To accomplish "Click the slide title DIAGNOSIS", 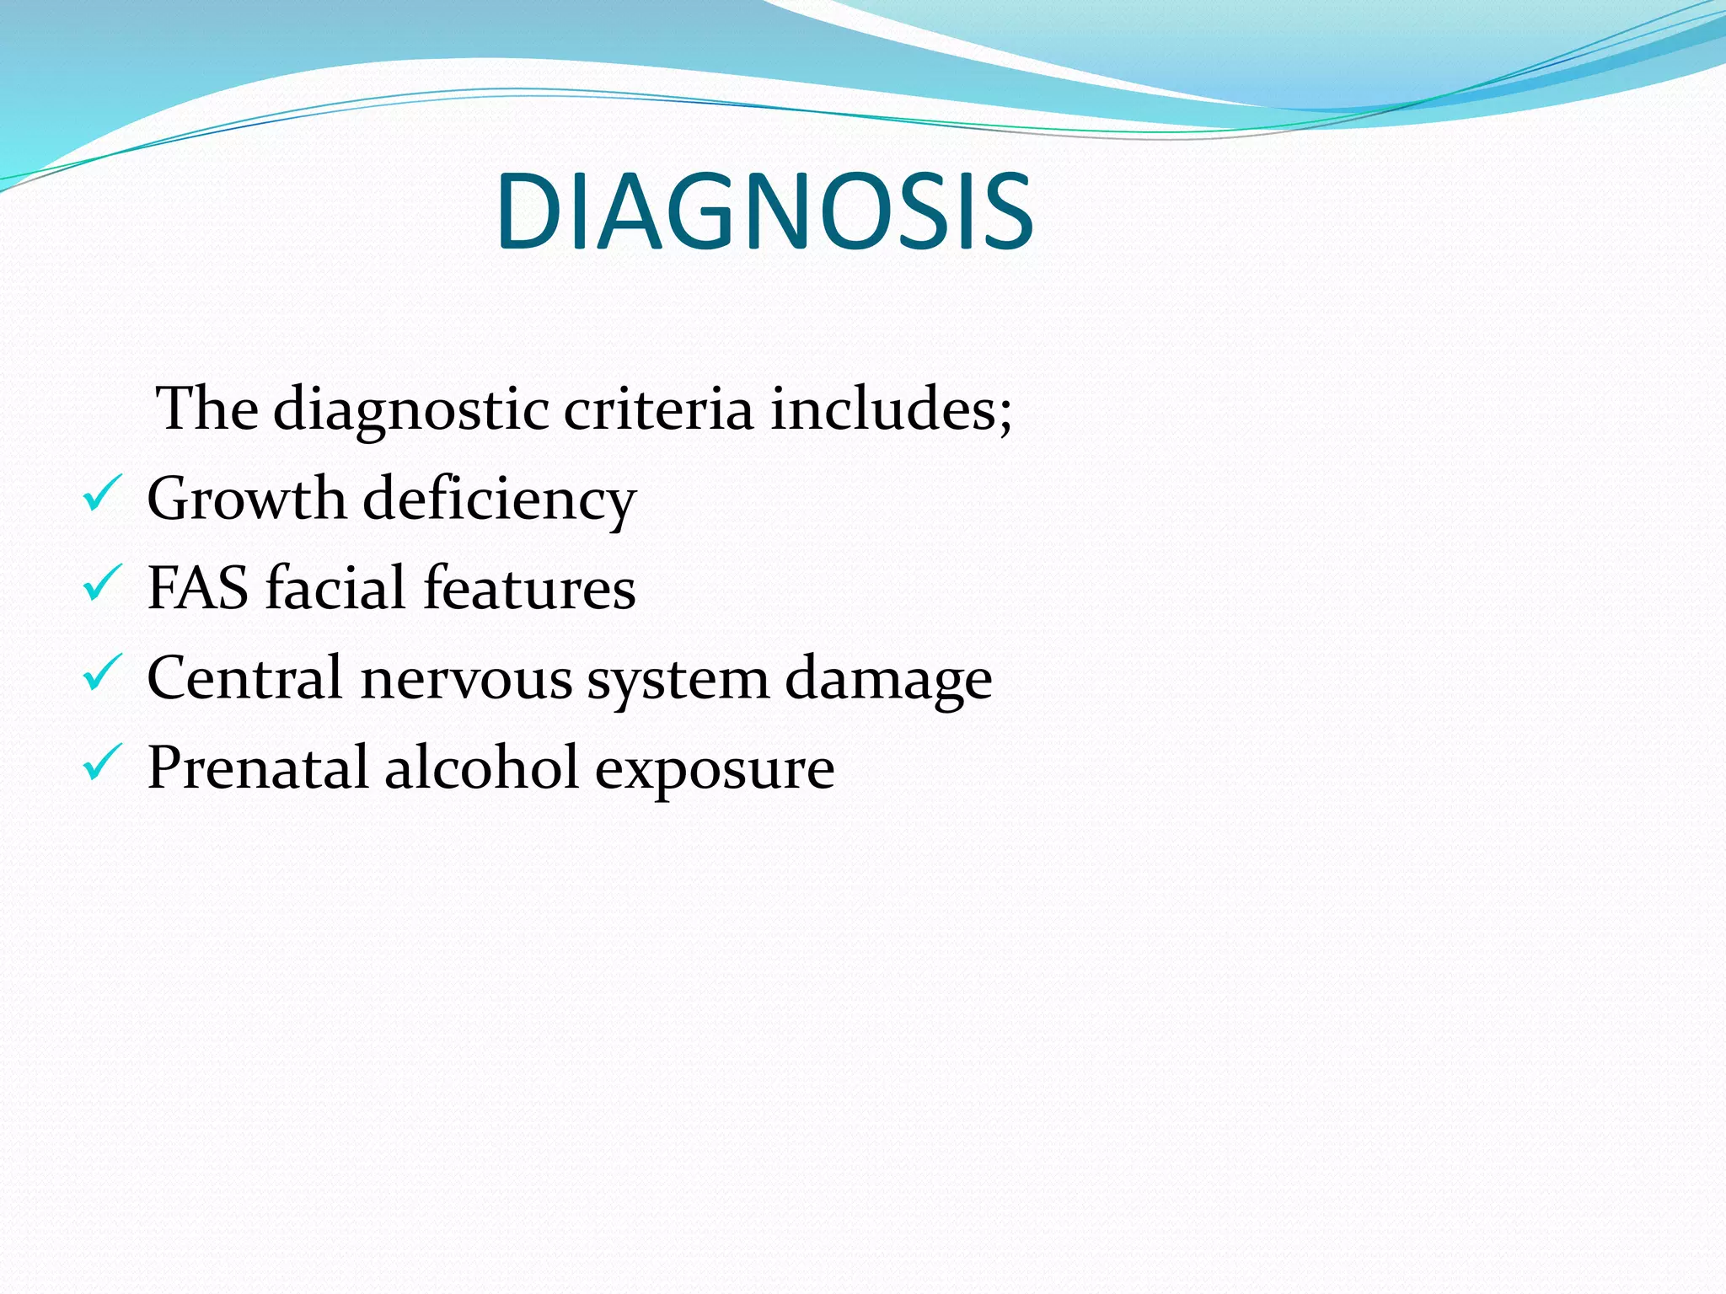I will (764, 211).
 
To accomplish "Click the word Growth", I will (246, 499).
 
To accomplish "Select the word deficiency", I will (499, 501).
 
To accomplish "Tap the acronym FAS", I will (198, 588).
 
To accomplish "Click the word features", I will (529, 588).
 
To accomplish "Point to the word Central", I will (245, 677).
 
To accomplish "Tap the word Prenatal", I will (258, 767).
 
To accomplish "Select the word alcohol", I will (481, 767).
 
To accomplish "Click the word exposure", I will (715, 771).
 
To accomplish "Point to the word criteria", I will (657, 409).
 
